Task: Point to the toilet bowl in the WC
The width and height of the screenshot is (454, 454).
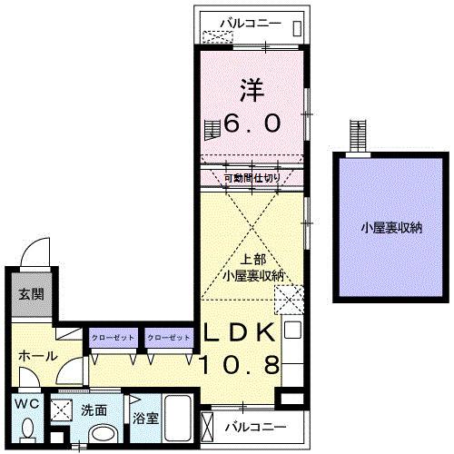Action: pyautogui.click(x=27, y=427)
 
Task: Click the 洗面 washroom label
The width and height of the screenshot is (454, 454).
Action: pyautogui.click(x=94, y=410)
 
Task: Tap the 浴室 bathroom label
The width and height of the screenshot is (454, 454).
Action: pyautogui.click(x=144, y=420)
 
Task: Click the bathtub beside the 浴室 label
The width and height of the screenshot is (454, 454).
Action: pyautogui.click(x=177, y=421)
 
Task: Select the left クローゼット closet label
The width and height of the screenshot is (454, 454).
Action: pyautogui.click(x=113, y=338)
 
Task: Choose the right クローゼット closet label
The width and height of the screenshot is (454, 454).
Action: pyautogui.click(x=170, y=338)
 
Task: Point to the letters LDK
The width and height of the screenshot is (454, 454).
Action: pyautogui.click(x=240, y=332)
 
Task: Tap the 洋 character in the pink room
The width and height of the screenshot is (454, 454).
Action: pyautogui.click(x=252, y=91)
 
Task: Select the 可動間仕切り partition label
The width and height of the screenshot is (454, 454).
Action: pyautogui.click(x=252, y=178)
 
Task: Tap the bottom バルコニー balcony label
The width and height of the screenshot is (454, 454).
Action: pyautogui.click(x=255, y=426)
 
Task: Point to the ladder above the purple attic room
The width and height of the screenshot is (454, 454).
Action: pyautogui.click(x=358, y=137)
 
